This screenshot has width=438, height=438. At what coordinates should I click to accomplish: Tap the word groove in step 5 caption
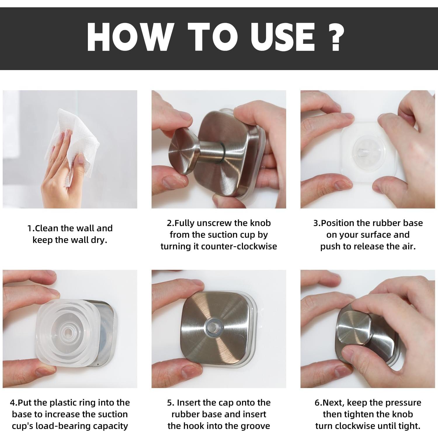[x=254, y=426]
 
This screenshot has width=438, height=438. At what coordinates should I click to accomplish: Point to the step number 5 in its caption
[x=170, y=403]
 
